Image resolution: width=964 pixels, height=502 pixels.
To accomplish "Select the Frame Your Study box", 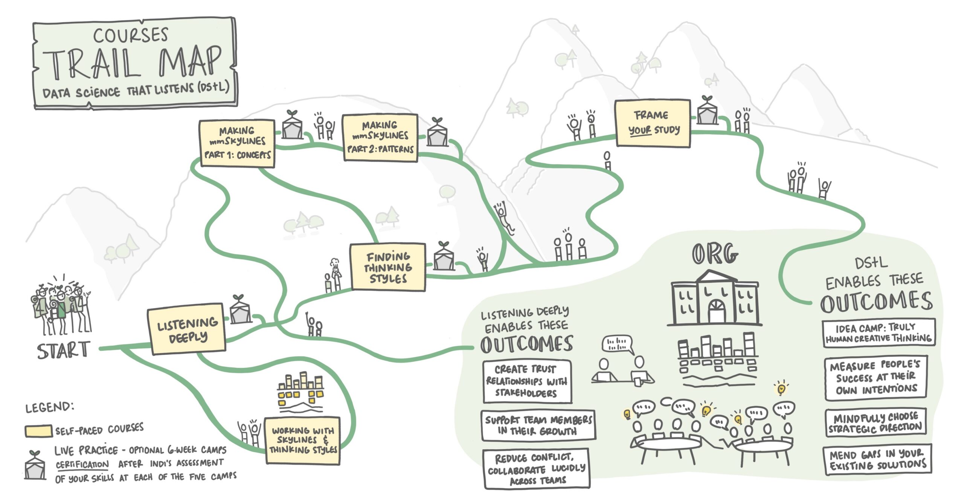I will pos(653,123).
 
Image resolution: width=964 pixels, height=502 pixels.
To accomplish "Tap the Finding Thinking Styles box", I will pos(387,267).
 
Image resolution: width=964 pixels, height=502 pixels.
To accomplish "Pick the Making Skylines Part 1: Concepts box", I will pos(237,143).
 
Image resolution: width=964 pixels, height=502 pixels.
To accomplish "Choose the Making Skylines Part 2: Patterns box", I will pos(380,138).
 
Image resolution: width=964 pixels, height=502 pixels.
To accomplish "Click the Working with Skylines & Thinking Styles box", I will pos(302,440).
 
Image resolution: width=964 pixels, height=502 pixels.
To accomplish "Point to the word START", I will pos(63,350).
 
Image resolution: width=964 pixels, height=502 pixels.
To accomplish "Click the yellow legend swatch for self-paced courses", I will pos(38,431).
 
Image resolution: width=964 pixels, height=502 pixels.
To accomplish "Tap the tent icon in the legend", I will pos(35,467).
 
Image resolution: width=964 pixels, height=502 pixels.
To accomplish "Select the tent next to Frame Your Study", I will pos(707,112).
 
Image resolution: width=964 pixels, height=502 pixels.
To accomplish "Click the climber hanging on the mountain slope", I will pos(503,217).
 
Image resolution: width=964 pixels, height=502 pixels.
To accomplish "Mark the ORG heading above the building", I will pos(714,254).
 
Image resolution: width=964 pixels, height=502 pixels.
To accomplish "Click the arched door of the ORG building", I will pos(716,311).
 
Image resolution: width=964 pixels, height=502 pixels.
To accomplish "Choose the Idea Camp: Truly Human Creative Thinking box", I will pos(878,333).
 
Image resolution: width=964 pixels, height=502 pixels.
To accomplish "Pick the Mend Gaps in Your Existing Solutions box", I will pos(877,460).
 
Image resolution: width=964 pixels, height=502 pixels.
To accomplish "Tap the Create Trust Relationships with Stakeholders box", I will pos(527,381).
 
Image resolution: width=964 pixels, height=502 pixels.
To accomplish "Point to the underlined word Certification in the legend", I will pos(82,465).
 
